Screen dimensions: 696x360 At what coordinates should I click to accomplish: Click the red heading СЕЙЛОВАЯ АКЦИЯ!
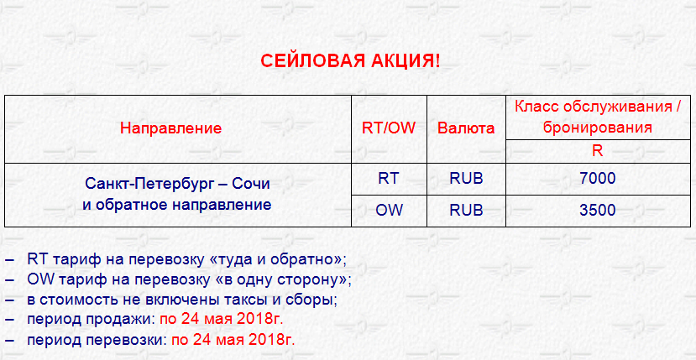350,61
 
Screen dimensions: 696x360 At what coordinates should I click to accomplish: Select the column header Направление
171,128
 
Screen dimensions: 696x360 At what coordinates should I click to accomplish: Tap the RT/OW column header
389,128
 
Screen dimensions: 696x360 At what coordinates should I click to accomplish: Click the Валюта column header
466,128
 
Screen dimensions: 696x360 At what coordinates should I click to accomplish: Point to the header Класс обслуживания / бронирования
598,117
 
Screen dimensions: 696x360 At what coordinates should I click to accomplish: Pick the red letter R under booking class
598,151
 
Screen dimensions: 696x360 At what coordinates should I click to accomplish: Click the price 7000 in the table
598,179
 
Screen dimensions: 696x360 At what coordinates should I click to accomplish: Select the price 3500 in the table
598,210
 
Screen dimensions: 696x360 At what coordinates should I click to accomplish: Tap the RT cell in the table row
389,178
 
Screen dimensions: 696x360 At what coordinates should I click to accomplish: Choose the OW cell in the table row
389,210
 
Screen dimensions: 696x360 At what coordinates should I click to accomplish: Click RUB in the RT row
466,178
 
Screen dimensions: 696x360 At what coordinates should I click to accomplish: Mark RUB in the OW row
466,210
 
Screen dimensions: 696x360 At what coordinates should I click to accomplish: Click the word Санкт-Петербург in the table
152,184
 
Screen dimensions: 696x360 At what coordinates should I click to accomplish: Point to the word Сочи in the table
254,184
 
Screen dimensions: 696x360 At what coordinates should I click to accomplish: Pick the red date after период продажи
222,320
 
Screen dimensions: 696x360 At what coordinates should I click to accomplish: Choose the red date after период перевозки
233,341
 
